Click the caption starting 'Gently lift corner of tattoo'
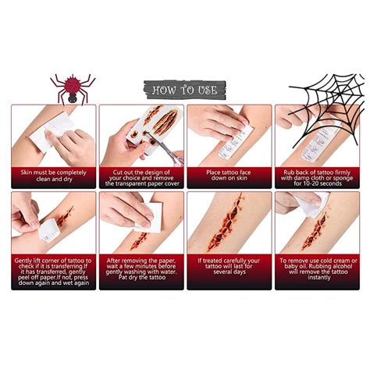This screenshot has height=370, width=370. [54, 270]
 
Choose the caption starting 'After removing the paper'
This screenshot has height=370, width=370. [141, 270]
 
